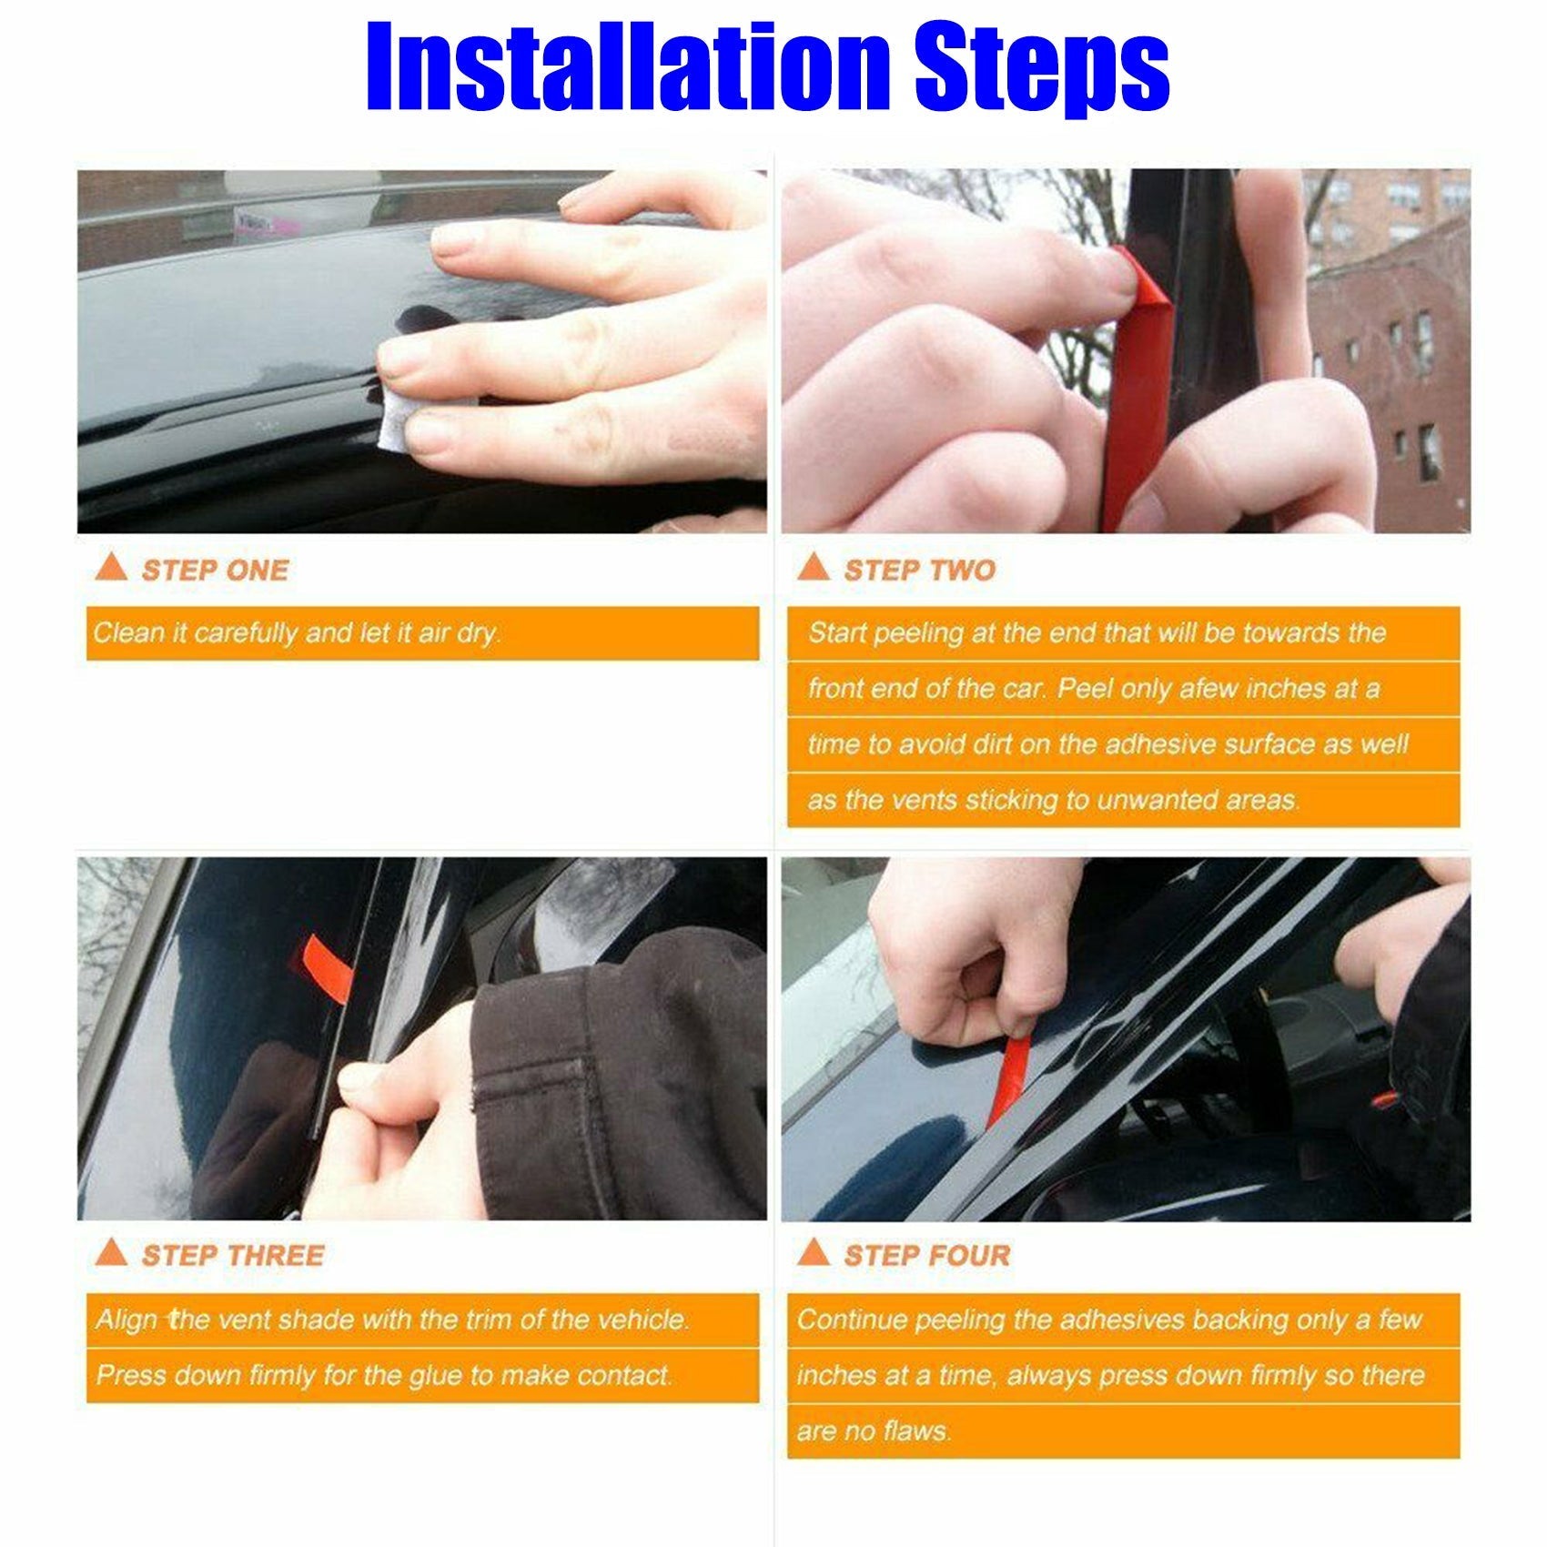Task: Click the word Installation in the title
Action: click(x=628, y=68)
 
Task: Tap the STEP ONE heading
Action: click(x=215, y=571)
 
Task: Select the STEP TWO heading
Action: click(x=919, y=571)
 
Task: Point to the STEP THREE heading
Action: click(x=232, y=1256)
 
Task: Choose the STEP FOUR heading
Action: click(x=926, y=1256)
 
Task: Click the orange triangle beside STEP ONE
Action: click(x=111, y=569)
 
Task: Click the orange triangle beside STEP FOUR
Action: click(x=813, y=1253)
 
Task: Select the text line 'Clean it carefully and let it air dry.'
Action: click(x=297, y=632)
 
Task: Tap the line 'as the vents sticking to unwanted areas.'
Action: click(x=1053, y=800)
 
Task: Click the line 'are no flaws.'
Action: click(x=872, y=1431)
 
